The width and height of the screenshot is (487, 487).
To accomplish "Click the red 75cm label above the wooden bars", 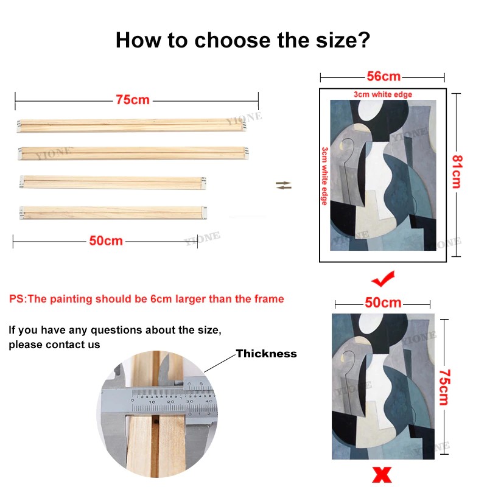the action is click(x=133, y=100).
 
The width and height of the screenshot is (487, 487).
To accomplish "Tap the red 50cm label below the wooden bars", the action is click(x=106, y=240).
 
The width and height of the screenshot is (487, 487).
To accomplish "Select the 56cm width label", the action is click(x=384, y=77).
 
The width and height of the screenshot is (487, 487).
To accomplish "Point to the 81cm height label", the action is click(x=457, y=172).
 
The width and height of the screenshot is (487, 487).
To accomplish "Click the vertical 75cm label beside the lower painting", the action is click(x=444, y=387).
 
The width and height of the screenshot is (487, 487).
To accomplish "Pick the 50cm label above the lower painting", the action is click(x=383, y=303).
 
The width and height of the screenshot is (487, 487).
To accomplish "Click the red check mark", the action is click(x=384, y=279).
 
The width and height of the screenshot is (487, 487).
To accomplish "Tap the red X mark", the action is click(x=382, y=475).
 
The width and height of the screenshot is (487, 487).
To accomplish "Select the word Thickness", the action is click(x=266, y=354).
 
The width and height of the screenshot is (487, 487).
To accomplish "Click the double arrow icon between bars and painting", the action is click(x=284, y=186).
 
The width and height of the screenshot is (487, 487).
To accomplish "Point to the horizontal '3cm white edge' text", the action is click(x=383, y=94).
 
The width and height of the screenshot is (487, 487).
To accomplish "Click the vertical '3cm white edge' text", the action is click(x=324, y=176).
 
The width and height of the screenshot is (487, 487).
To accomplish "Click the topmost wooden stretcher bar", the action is click(x=131, y=126).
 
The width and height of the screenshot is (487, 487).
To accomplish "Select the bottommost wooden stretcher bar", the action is click(x=113, y=212).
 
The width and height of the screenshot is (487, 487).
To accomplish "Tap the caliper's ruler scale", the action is click(x=173, y=401).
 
